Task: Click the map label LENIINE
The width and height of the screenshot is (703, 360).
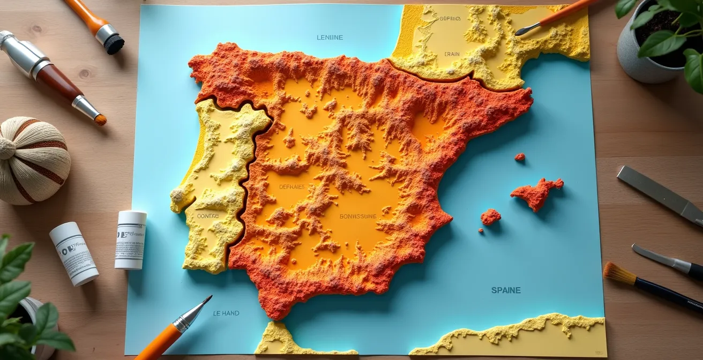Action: pyautogui.click(x=330, y=37)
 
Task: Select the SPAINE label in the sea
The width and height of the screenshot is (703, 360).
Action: pyautogui.click(x=506, y=290)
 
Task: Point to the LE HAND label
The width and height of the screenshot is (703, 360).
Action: pyautogui.click(x=226, y=313)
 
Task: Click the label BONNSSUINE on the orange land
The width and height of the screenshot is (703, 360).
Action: pyautogui.click(x=358, y=216)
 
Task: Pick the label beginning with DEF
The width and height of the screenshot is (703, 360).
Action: pyautogui.click(x=292, y=187)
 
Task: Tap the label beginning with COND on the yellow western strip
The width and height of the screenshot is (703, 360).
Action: pyautogui.click(x=208, y=216)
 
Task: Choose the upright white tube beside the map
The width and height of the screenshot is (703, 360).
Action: pyautogui.click(x=130, y=239)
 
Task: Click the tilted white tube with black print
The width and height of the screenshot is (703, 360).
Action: pyautogui.click(x=74, y=253)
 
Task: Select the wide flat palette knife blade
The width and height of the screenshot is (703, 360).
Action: pyautogui.click(x=657, y=193)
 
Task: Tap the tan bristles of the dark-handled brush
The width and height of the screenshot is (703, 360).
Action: pyautogui.click(x=618, y=273)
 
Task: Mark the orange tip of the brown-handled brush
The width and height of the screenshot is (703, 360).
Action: pyautogui.click(x=100, y=119)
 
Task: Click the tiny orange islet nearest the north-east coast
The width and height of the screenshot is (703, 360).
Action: pyautogui.click(x=519, y=157)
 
